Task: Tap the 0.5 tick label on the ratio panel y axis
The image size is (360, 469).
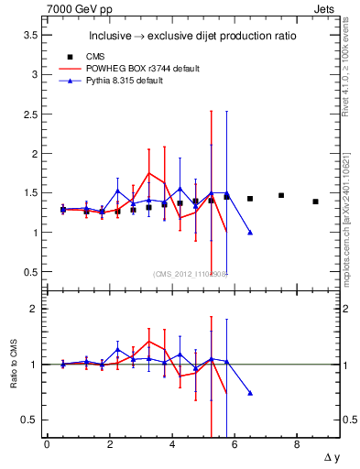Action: (30, 420)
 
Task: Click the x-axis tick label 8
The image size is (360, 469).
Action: (297, 444)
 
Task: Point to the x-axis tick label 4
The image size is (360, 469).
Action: (171, 444)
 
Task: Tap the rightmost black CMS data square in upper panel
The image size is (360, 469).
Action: (315, 202)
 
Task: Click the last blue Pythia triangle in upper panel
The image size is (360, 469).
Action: (250, 233)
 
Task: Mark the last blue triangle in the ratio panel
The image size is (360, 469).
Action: (250, 393)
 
